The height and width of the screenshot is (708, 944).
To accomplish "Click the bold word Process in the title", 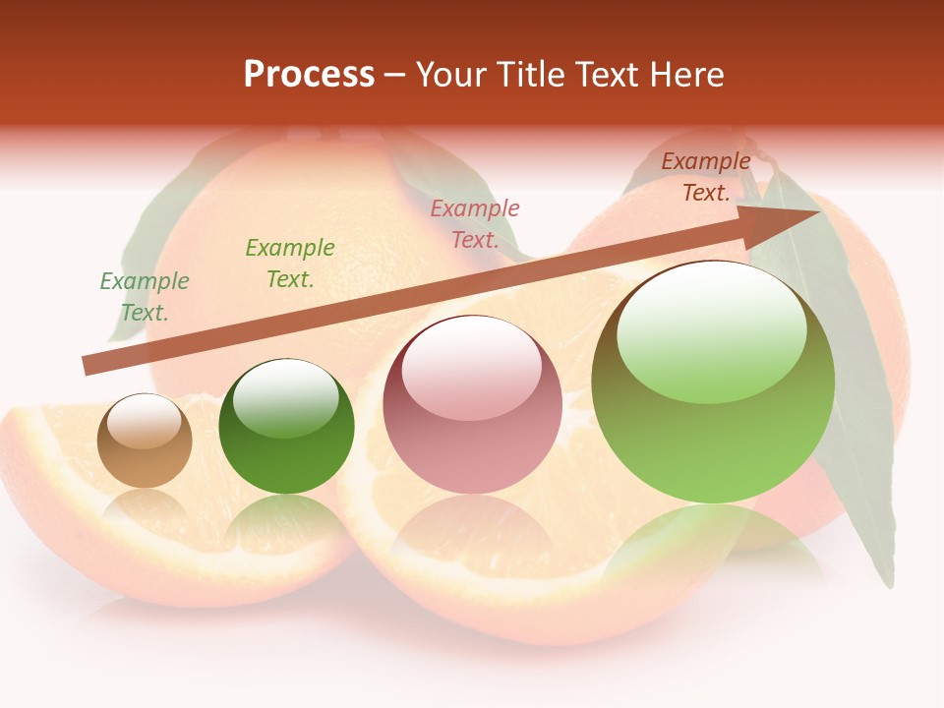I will click(x=309, y=75).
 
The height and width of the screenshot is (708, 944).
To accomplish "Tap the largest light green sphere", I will click(x=713, y=383).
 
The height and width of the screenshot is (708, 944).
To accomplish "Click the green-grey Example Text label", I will click(x=145, y=297).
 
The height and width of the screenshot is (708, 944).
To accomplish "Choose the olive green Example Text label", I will click(x=290, y=264).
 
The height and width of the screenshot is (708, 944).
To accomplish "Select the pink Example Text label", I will click(x=475, y=223).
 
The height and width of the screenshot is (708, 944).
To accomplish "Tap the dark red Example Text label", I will click(x=706, y=177).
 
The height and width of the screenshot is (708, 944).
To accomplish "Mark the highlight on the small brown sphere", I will click(x=145, y=421).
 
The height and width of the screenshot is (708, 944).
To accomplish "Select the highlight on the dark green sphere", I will click(x=286, y=398).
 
